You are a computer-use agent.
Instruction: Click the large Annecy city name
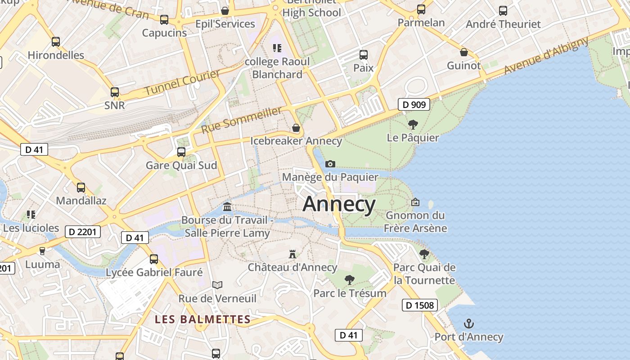pyautogui.click(x=339, y=204)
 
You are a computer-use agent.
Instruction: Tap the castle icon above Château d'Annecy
pyautogui.click(x=292, y=254)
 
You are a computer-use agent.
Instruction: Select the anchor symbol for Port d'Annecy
pyautogui.click(x=469, y=324)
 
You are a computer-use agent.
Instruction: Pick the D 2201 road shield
pyautogui.click(x=83, y=232)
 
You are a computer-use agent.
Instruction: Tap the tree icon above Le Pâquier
pyautogui.click(x=413, y=125)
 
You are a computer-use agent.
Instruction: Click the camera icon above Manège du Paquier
pyautogui.click(x=330, y=164)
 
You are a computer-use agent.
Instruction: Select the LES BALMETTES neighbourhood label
pyautogui.click(x=202, y=319)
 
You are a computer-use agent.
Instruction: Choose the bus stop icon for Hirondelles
pyautogui.click(x=56, y=42)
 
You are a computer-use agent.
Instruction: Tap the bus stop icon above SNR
pyautogui.click(x=115, y=92)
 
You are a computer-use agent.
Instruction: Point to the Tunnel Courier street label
pyautogui.click(x=182, y=82)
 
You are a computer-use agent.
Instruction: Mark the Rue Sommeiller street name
pyautogui.click(x=242, y=120)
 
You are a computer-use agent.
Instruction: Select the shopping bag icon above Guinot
pyautogui.click(x=464, y=53)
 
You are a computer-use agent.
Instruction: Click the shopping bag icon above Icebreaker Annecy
pyautogui.click(x=296, y=128)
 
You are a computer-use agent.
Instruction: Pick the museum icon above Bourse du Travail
pyautogui.click(x=227, y=207)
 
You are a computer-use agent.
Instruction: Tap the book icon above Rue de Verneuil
pyautogui.click(x=217, y=285)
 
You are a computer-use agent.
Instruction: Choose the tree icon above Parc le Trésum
pyautogui.click(x=350, y=280)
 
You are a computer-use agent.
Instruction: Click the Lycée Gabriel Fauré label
pyautogui.click(x=154, y=272)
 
